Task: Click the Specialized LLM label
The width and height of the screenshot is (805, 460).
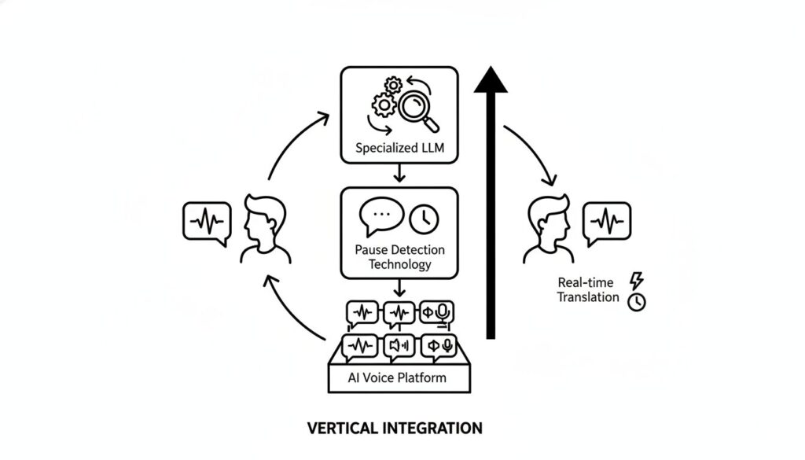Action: tap(399, 148)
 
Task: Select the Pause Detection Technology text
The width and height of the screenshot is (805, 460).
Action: tap(399, 257)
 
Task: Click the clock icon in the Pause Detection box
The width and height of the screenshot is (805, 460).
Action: tap(425, 218)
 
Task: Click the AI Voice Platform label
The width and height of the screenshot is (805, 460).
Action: tap(397, 377)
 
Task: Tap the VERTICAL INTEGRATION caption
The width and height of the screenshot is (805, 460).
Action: tap(395, 429)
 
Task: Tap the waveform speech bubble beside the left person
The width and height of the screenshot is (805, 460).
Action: tap(207, 221)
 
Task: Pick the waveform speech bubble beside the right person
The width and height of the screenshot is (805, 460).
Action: tap(606, 220)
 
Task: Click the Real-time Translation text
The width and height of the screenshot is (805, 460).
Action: tap(589, 289)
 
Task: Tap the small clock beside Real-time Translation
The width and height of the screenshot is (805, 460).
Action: tap(636, 302)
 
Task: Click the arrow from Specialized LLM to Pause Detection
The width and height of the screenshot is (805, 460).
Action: tap(399, 173)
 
